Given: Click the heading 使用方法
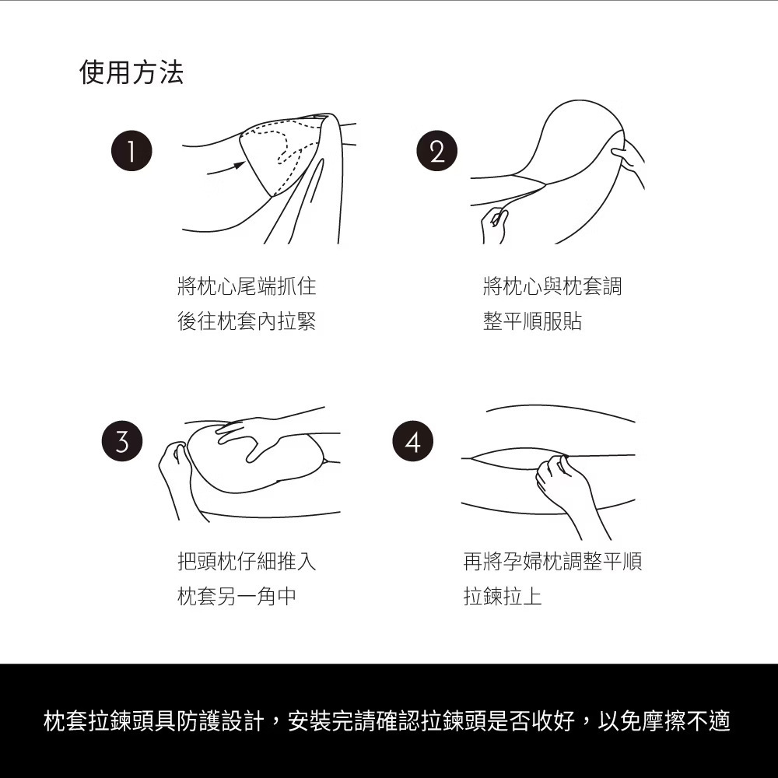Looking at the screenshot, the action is (x=131, y=72).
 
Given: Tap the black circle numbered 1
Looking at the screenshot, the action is (x=131, y=151).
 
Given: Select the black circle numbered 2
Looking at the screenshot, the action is (x=436, y=151).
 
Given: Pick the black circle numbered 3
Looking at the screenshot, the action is (x=122, y=441).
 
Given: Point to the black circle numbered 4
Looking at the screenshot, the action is (x=413, y=441).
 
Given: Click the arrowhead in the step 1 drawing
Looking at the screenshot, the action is (x=240, y=164).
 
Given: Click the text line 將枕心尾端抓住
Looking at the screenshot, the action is (x=247, y=286).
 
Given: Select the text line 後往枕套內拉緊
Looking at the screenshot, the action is (x=247, y=321).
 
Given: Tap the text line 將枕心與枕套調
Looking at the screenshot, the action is (x=552, y=286).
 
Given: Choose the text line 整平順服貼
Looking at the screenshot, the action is (x=532, y=321).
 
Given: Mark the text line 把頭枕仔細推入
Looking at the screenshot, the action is (x=247, y=561).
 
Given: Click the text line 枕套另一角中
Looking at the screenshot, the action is (x=237, y=596).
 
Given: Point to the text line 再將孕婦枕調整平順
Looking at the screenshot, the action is (x=552, y=561).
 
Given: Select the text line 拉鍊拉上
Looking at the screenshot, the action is (x=502, y=596).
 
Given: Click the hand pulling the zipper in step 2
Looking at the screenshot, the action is (x=495, y=226).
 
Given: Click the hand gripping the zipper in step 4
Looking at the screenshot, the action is (x=566, y=484).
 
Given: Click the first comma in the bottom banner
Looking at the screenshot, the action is (x=276, y=727).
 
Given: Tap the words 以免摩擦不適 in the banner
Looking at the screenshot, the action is (x=664, y=721).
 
